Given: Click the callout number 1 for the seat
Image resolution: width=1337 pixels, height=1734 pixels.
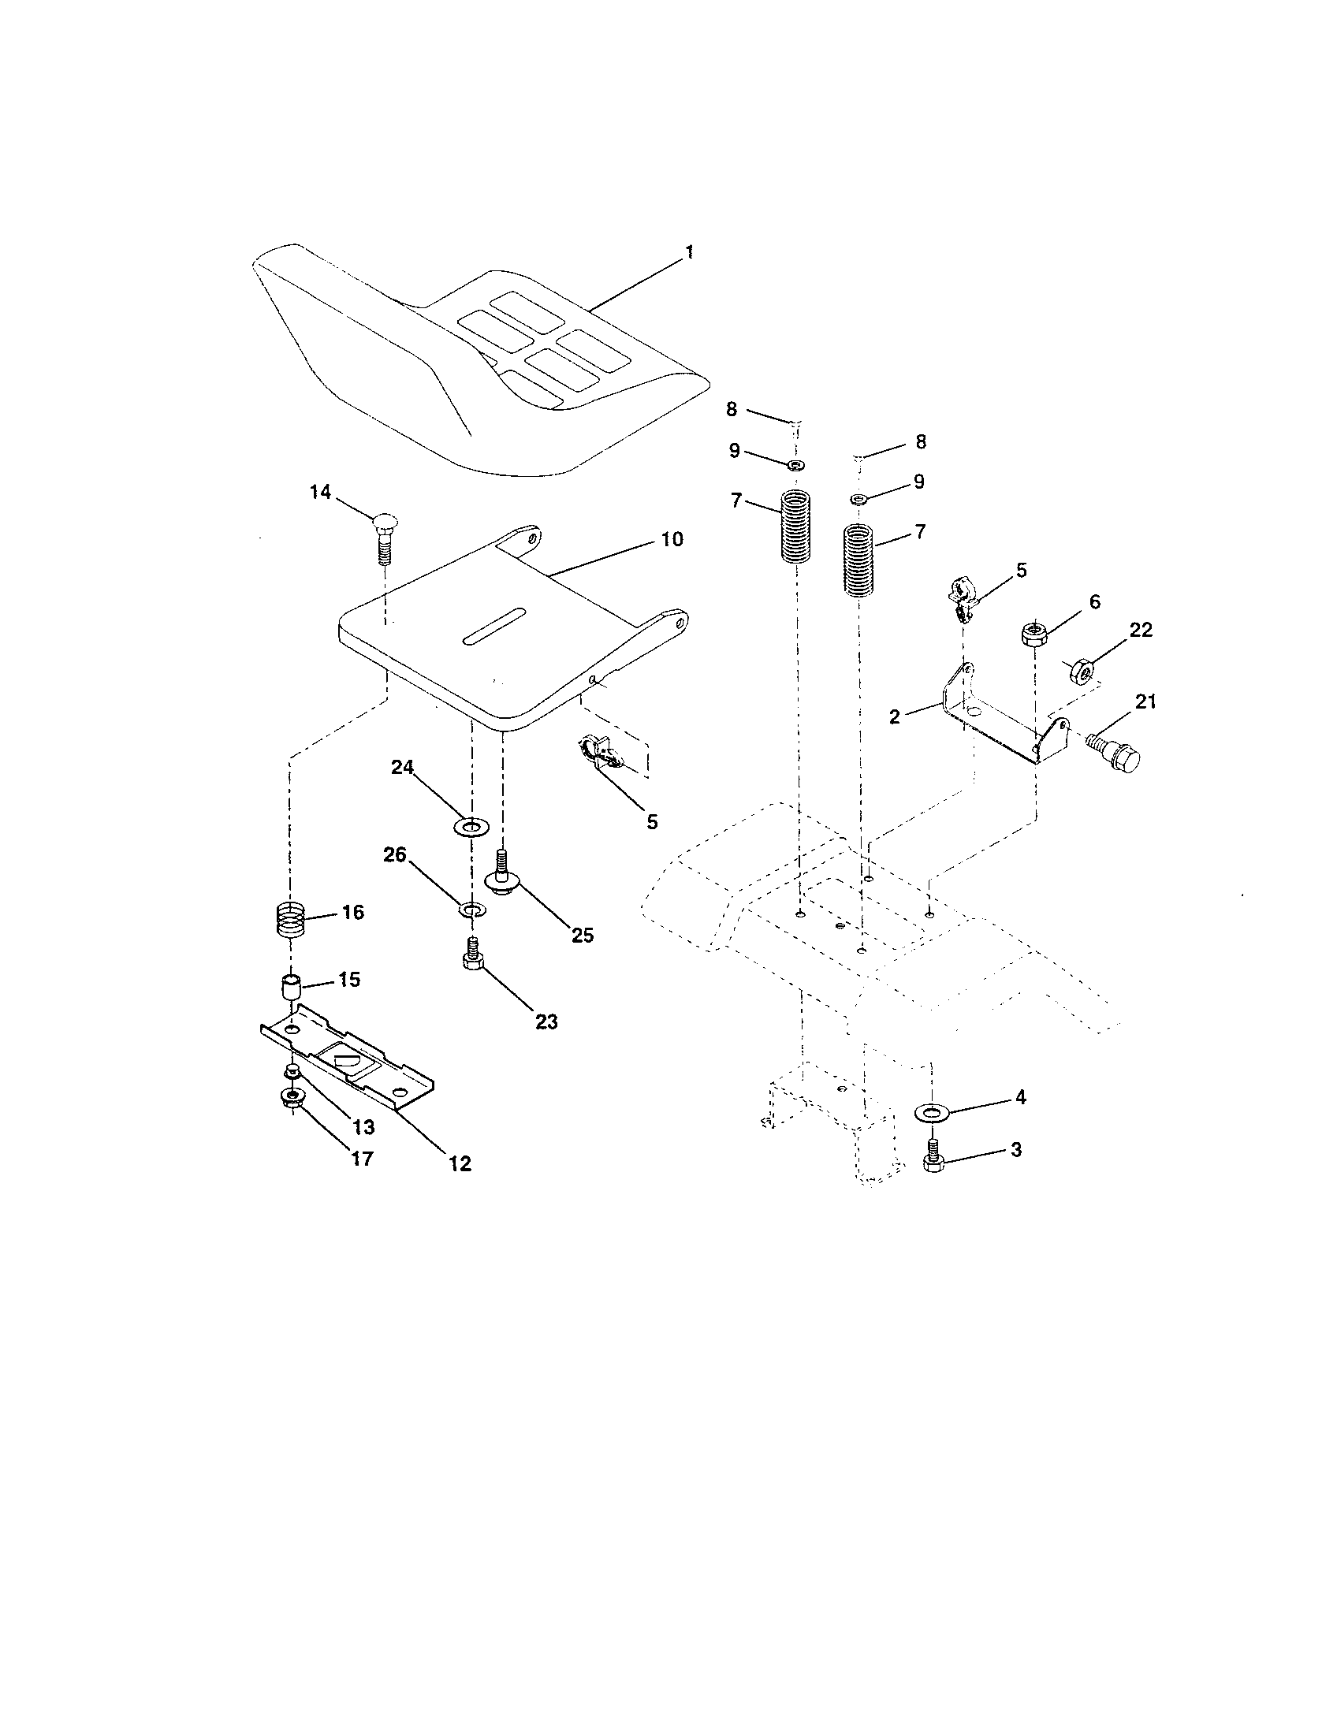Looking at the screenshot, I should point(689,252).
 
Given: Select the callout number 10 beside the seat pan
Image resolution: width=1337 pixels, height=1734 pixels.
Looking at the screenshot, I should point(672,539).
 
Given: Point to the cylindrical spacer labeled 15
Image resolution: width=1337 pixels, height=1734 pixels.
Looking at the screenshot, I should point(292,991).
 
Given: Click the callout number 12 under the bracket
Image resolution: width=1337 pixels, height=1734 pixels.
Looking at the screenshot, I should point(460,1164).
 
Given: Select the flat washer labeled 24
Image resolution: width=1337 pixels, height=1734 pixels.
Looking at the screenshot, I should point(472,829).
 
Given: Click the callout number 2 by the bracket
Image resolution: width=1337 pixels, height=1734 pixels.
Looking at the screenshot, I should point(895,716).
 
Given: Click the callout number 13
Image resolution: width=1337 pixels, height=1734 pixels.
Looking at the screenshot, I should point(363,1126).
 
